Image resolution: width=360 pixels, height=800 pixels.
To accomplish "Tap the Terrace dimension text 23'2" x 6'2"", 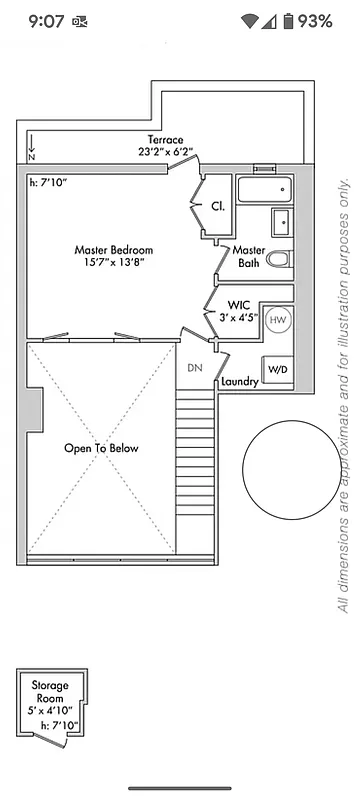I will [x=166, y=152].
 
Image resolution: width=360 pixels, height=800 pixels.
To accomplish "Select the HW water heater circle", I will [x=278, y=319].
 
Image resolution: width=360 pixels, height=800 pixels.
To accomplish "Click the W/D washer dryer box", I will [x=277, y=369].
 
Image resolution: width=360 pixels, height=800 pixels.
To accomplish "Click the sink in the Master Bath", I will [x=280, y=221].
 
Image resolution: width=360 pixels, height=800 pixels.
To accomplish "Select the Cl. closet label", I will [x=217, y=206].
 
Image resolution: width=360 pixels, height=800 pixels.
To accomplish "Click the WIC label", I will [x=238, y=304].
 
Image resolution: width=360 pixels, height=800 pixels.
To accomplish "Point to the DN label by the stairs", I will [x=196, y=367].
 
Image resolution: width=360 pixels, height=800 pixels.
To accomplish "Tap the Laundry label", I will [x=240, y=382].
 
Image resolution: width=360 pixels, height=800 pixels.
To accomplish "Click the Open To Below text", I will [x=101, y=448].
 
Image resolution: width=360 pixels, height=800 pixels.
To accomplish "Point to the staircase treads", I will [x=195, y=470].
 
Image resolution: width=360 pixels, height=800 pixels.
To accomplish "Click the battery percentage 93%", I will [x=314, y=21].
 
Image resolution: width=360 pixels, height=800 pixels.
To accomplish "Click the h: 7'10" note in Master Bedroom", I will [x=49, y=182].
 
